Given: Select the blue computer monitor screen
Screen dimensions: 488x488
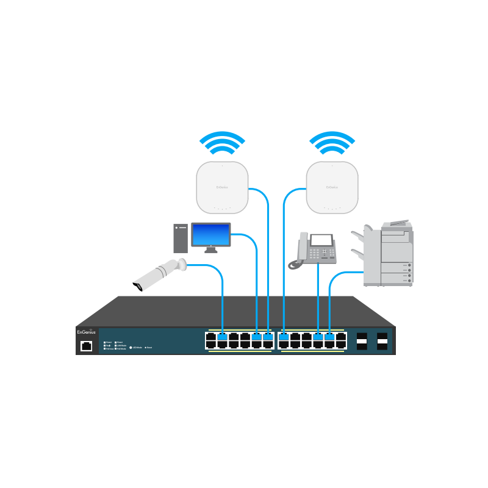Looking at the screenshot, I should click(x=211, y=234).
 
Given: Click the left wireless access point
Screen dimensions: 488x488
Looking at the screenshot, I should click(x=222, y=188).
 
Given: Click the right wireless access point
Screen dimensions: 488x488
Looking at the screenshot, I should click(x=332, y=188).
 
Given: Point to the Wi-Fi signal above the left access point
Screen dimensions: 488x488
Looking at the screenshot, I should click(x=223, y=144).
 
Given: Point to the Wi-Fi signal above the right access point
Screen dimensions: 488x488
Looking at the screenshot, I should click(x=332, y=144).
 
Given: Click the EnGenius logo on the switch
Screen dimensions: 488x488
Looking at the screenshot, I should click(x=86, y=332).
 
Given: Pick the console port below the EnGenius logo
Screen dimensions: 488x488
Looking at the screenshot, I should click(x=86, y=346).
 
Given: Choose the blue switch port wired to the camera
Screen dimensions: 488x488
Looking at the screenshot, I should click(x=222, y=337).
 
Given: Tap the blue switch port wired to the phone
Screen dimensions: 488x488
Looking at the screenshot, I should click(x=318, y=337).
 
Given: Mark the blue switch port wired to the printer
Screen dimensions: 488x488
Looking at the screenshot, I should click(x=330, y=337).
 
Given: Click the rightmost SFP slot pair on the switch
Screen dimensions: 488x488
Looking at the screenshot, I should click(x=383, y=341).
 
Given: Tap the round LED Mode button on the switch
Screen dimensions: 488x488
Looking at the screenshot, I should click(x=131, y=347).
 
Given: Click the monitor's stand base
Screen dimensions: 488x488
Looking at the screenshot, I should click(x=210, y=251).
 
